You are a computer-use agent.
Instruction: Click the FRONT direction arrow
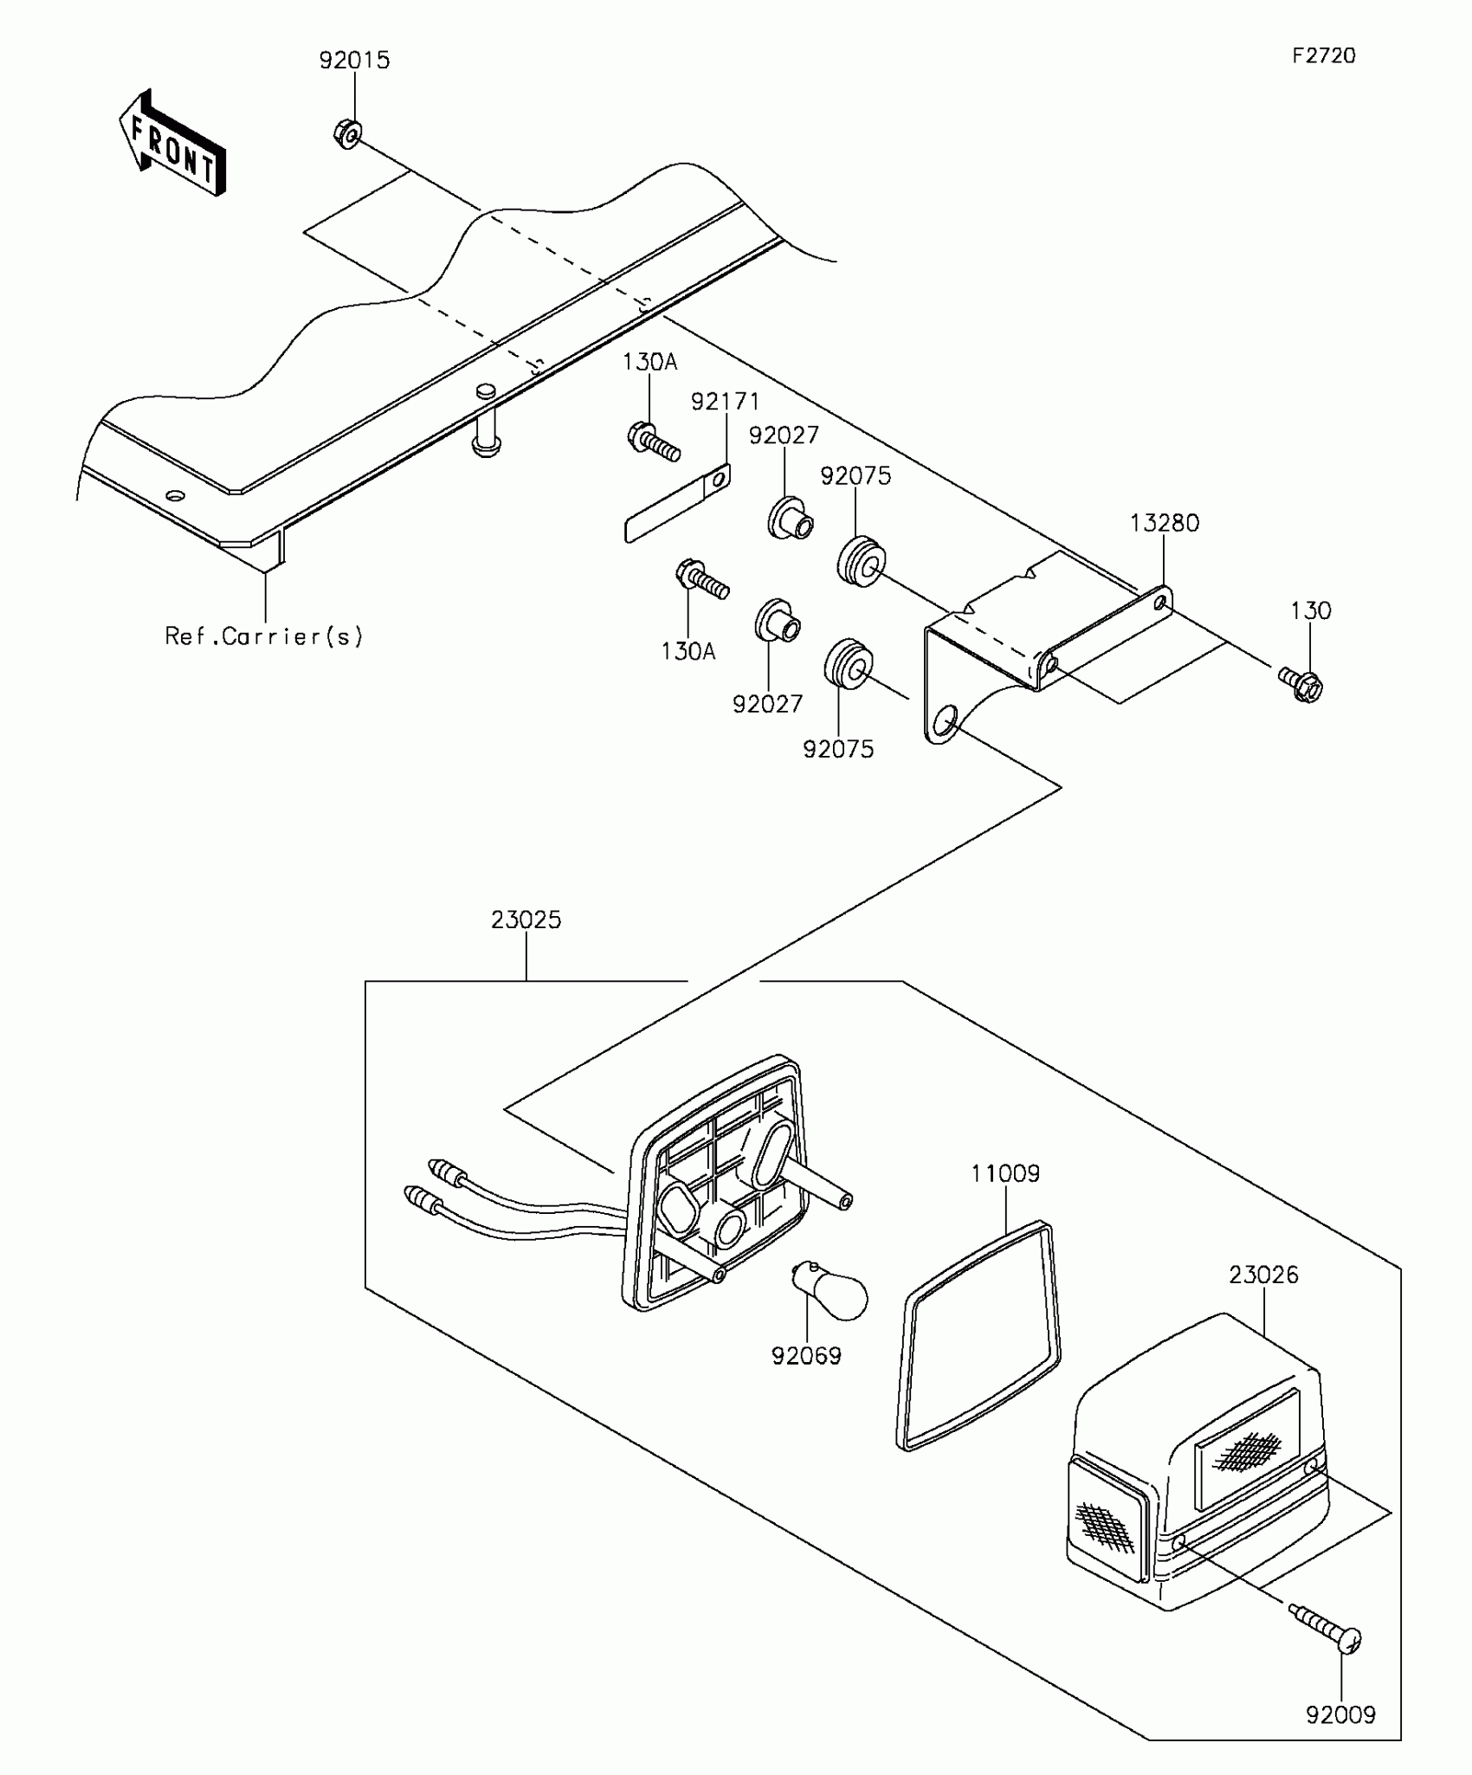click(173, 143)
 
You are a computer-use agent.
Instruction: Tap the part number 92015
click(354, 61)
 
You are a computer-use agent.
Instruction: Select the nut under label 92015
click(346, 133)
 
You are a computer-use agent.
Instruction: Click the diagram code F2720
click(1324, 55)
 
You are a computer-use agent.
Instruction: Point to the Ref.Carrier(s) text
click(264, 636)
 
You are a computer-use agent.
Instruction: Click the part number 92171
click(725, 402)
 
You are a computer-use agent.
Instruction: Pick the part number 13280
click(1165, 523)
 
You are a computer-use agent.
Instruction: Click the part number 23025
click(526, 920)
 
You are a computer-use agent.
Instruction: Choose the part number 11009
click(1005, 1173)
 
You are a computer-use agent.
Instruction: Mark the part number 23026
click(1263, 1275)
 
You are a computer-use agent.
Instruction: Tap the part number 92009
click(1340, 1714)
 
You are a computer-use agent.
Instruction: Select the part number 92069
click(806, 1356)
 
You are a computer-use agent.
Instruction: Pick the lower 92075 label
click(838, 749)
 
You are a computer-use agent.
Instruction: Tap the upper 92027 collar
click(790, 519)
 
